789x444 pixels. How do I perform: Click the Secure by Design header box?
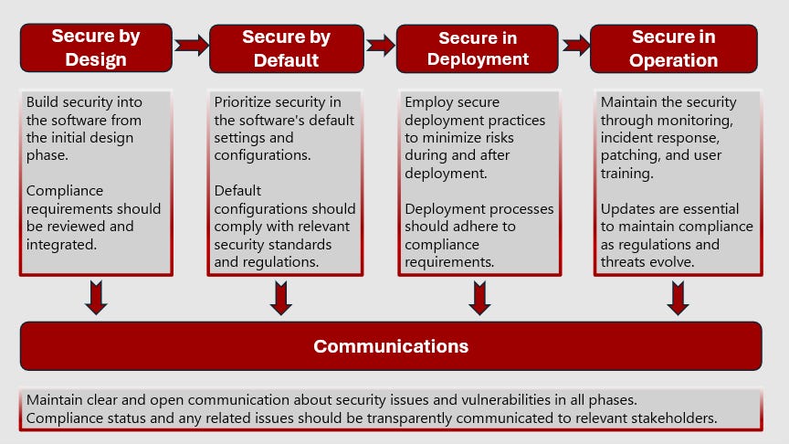[96, 48]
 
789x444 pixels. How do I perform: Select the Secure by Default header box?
[286, 48]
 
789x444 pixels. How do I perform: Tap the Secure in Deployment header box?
[477, 48]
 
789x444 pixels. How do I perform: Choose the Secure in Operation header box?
[673, 48]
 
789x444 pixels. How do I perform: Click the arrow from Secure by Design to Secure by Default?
[191, 45]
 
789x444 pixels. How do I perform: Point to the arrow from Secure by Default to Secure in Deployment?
[381, 45]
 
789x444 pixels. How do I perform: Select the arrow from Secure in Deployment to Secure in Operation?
[575, 45]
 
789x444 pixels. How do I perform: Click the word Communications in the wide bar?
[391, 346]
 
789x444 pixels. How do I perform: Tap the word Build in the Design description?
[42, 102]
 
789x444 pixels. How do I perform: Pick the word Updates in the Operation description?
[626, 208]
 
